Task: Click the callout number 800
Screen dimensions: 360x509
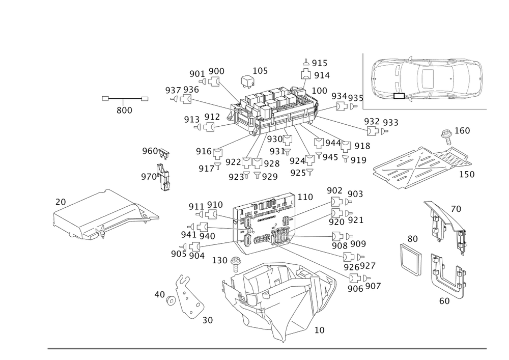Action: pos(124,110)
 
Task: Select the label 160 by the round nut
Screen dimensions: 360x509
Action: pos(462,130)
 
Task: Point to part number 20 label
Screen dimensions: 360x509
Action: pos(60,203)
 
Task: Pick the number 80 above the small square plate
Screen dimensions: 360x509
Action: pos(412,238)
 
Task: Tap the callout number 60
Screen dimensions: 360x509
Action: pos(444,301)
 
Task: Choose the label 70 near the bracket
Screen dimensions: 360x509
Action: pos(455,208)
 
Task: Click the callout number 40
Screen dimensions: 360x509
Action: pos(160,295)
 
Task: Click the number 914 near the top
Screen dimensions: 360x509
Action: pos(321,75)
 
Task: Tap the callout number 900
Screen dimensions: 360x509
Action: pos(216,71)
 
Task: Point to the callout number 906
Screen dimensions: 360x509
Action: pos(355,288)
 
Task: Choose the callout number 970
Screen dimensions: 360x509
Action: pos(149,177)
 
